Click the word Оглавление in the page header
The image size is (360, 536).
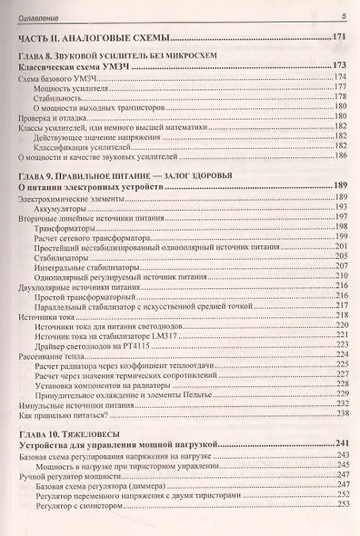[x=38, y=16]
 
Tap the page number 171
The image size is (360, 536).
[x=340, y=37]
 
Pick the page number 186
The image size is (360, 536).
[x=342, y=155]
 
